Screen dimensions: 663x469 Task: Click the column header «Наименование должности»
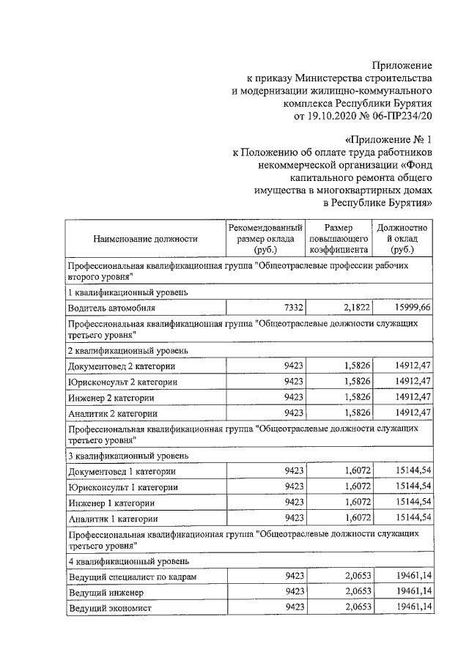(146, 239)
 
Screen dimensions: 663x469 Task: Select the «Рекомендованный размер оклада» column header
(265, 239)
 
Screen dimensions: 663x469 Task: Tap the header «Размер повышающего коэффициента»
(339, 239)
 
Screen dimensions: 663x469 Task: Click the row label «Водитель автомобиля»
(111, 309)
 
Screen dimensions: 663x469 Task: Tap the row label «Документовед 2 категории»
(121, 366)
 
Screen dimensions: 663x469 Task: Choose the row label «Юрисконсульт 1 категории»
(122, 486)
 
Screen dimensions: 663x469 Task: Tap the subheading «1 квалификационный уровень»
(128, 292)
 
